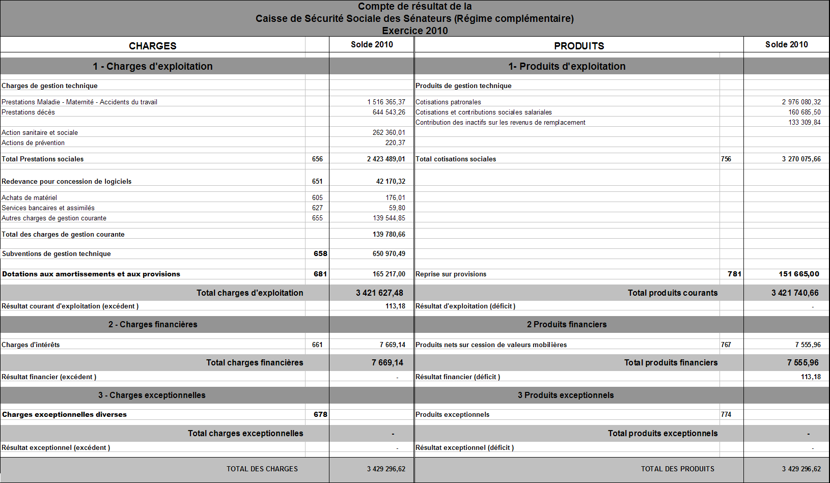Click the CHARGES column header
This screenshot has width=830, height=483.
pyautogui.click(x=152, y=46)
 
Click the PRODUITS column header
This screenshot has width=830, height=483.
pyautogui.click(x=579, y=46)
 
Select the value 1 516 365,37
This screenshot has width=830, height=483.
pyautogui.click(x=386, y=102)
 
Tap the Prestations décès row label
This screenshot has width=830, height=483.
pyautogui.click(x=28, y=112)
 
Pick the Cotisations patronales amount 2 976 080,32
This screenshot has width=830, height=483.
pyautogui.click(x=801, y=102)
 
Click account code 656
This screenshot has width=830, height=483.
pyautogui.click(x=317, y=159)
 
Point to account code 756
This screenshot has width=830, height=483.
pyautogui.click(x=726, y=159)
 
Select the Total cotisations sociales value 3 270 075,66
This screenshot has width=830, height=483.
pyautogui.click(x=801, y=159)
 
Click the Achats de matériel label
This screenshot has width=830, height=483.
pyautogui.click(x=29, y=197)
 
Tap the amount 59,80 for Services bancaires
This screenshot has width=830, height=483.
pyautogui.click(x=397, y=208)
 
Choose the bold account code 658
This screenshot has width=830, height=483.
pyautogui.click(x=320, y=253)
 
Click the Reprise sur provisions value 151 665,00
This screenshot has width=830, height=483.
pyautogui.click(x=798, y=274)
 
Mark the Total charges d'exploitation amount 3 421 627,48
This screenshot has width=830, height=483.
pyautogui.click(x=379, y=293)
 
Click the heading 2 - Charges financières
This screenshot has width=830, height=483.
pyautogui.click(x=152, y=324)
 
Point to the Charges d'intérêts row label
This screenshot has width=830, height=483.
pyautogui.click(x=31, y=345)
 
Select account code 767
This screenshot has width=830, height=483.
pyautogui.click(x=726, y=345)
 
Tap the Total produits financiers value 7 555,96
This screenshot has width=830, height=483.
pyautogui.click(x=803, y=362)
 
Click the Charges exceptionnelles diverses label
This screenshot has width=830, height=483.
pyautogui.click(x=64, y=414)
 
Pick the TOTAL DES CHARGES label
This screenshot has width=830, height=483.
pyautogui.click(x=262, y=469)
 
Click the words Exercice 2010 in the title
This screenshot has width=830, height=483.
pyautogui.click(x=414, y=31)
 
